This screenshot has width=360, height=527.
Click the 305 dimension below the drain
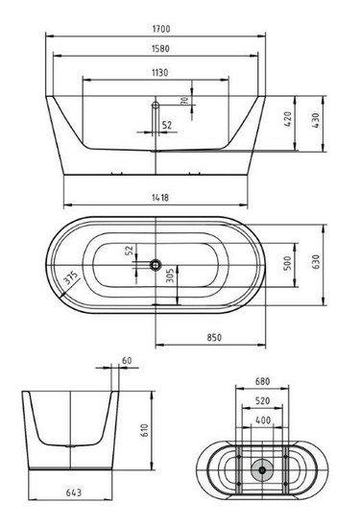coord(169,278)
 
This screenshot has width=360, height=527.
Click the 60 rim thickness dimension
coord(127,362)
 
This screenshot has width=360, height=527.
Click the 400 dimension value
coord(259,419)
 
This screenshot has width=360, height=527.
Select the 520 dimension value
coord(259,400)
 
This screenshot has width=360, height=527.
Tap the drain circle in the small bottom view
coord(259,469)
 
